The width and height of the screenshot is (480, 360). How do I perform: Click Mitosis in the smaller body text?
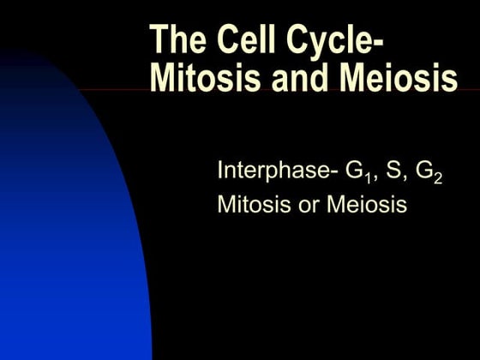[249, 205]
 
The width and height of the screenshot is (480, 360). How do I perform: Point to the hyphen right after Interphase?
[335, 171]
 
